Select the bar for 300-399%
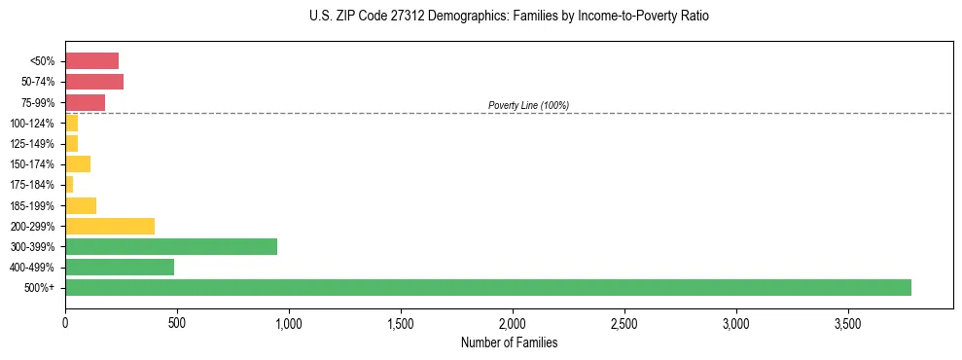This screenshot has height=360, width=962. (x=171, y=246)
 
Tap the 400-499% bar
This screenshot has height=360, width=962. (x=120, y=267)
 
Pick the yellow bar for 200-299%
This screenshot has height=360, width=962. (x=110, y=226)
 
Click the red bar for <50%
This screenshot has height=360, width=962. (x=91, y=61)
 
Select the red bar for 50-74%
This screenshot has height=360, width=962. (x=94, y=82)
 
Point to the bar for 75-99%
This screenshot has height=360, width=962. (x=85, y=102)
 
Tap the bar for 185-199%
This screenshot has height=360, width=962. (x=81, y=205)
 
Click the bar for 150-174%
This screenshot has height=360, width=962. (x=78, y=163)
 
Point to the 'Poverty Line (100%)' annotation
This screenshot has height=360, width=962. (x=528, y=105)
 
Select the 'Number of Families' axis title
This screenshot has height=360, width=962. (x=509, y=342)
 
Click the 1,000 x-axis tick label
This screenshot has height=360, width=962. (x=289, y=323)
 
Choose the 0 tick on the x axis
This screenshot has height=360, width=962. (x=65, y=323)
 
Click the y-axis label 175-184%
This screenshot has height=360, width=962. (x=32, y=185)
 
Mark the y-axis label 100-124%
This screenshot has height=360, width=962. (x=32, y=124)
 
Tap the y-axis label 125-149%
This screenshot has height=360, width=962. (x=32, y=144)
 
